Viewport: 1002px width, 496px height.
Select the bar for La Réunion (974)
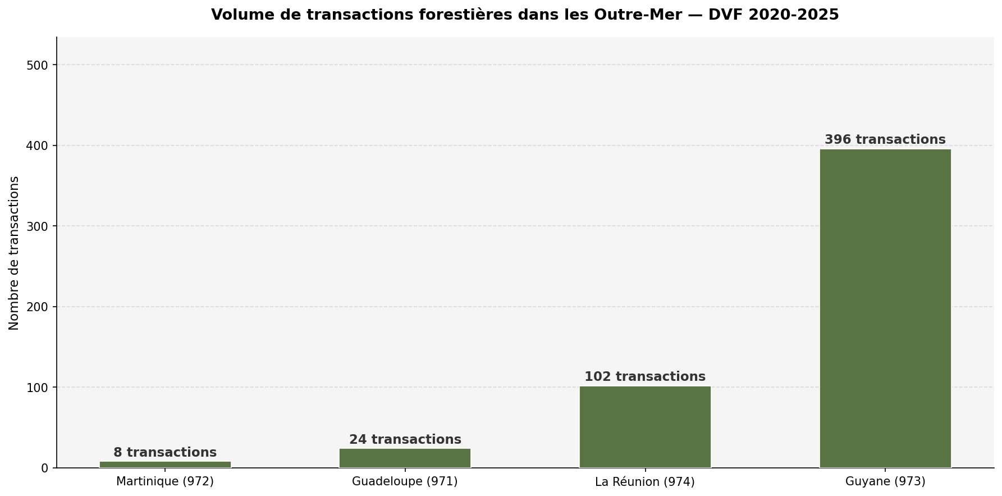click(644, 426)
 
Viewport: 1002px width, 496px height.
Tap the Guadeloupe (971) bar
click(405, 458)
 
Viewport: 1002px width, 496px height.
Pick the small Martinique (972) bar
click(165, 465)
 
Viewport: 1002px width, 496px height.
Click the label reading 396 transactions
click(885, 140)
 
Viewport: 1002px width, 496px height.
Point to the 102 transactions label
click(644, 377)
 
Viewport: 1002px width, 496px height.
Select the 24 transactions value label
click(405, 440)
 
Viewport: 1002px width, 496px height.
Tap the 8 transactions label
click(165, 453)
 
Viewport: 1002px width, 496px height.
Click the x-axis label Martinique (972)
click(165, 481)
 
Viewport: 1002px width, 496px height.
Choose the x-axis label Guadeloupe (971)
click(405, 481)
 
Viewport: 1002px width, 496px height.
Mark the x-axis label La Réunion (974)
click(644, 482)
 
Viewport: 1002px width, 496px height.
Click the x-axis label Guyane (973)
click(885, 481)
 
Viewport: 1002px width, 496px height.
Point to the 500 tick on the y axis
click(38, 65)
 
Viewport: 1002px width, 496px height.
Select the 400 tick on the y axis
click(38, 146)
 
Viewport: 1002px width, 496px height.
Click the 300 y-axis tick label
click(38, 226)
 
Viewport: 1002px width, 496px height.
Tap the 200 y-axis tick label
click(38, 307)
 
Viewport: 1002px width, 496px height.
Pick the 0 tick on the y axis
click(45, 468)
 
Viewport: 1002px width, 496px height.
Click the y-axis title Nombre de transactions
click(14, 253)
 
